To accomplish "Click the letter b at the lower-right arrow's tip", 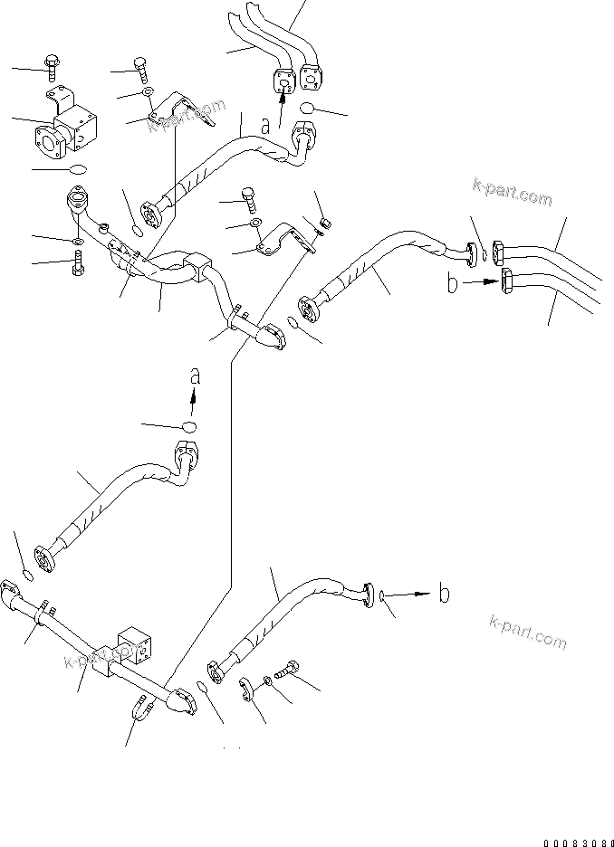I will coord(444,594).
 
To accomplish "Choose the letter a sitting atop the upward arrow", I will coord(193,375).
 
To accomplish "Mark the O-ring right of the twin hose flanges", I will coord(311,109).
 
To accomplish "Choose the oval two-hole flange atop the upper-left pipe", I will coord(78,200).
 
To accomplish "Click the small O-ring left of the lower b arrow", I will coord(386,595).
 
